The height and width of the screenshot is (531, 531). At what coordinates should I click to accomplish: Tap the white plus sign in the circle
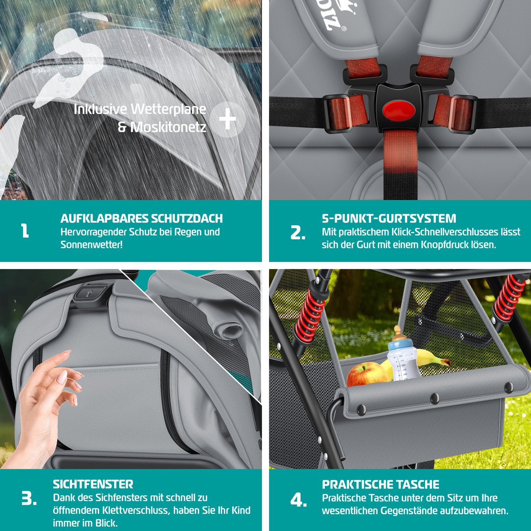[227, 119]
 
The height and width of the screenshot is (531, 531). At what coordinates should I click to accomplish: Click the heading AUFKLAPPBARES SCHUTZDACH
[141, 218]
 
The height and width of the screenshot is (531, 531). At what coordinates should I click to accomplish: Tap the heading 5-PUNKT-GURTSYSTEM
[389, 218]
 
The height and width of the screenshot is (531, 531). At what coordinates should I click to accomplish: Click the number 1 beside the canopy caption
[25, 231]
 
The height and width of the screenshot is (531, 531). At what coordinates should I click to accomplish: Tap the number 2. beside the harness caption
[298, 233]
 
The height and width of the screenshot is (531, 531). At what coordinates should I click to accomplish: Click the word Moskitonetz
[168, 127]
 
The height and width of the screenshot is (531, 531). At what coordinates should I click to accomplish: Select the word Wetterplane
[168, 109]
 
